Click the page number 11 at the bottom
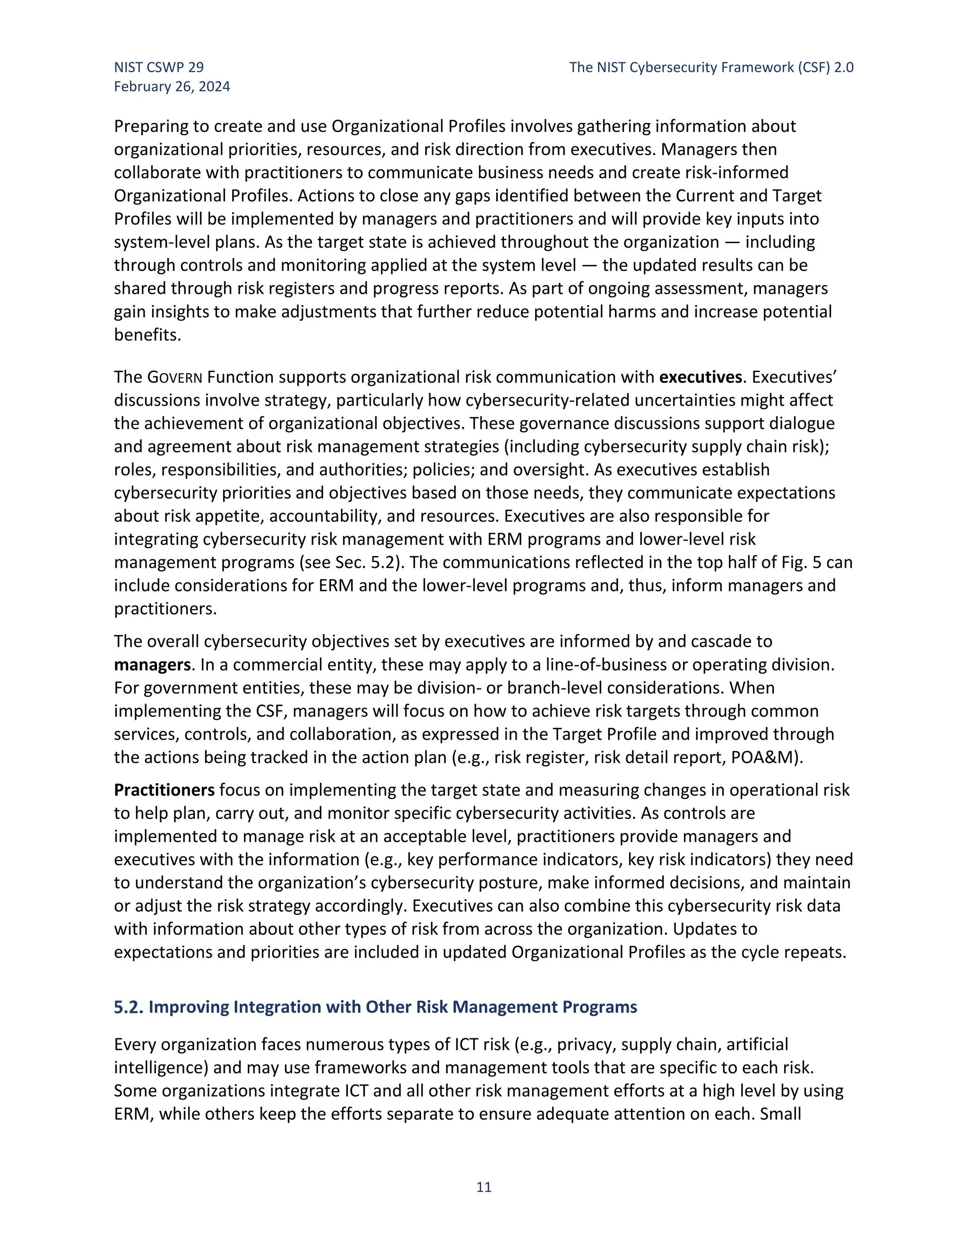point(484,1186)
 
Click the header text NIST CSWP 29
point(159,67)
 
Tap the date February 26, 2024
point(172,87)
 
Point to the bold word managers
point(152,664)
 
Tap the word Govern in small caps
point(174,377)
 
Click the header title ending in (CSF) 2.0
point(711,67)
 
